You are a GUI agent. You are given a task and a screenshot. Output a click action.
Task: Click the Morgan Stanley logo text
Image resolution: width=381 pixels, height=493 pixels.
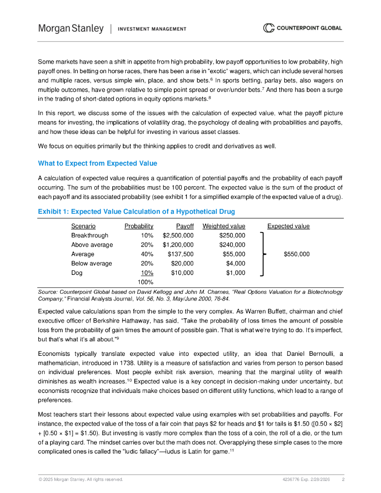coord(71,28)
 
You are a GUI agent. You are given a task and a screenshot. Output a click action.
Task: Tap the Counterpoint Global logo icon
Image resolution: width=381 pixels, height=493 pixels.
coord(268,28)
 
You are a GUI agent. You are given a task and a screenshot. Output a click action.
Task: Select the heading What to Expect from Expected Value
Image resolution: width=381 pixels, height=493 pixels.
coord(97,163)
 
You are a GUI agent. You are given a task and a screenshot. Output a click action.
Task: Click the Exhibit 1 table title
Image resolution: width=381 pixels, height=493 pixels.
coord(136,211)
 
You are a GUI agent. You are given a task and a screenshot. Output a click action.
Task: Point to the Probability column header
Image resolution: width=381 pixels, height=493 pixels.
coord(139,226)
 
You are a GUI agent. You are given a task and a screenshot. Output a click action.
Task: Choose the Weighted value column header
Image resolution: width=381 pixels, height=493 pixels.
coord(223,226)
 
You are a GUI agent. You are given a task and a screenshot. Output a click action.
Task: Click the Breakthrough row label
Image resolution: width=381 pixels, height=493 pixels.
coord(90,235)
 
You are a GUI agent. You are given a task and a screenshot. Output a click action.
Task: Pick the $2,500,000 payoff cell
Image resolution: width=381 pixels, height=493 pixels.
coord(178,235)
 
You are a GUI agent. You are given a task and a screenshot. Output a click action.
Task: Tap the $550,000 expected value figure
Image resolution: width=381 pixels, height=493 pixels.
coord(297,254)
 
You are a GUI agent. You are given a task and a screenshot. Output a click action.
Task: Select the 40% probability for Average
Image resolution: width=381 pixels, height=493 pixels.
coord(147,254)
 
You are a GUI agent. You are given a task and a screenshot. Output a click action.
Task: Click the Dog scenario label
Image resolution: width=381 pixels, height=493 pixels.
coord(77,272)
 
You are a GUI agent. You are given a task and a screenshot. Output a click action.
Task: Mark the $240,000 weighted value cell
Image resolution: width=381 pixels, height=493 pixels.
coord(232,245)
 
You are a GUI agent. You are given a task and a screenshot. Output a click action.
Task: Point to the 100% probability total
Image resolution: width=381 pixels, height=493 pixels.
coord(145,282)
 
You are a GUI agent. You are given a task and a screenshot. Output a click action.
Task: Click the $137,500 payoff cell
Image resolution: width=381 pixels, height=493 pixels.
coord(181,254)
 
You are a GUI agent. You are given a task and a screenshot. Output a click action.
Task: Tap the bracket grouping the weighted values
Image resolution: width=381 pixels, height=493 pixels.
coord(262,254)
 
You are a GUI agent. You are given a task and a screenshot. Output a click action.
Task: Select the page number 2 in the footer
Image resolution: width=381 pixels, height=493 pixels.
coord(343,480)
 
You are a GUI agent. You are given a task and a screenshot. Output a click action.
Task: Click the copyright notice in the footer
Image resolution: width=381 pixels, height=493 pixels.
coord(80,480)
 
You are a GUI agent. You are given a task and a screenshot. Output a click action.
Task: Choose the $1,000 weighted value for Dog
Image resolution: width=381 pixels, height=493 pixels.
coord(236,272)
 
